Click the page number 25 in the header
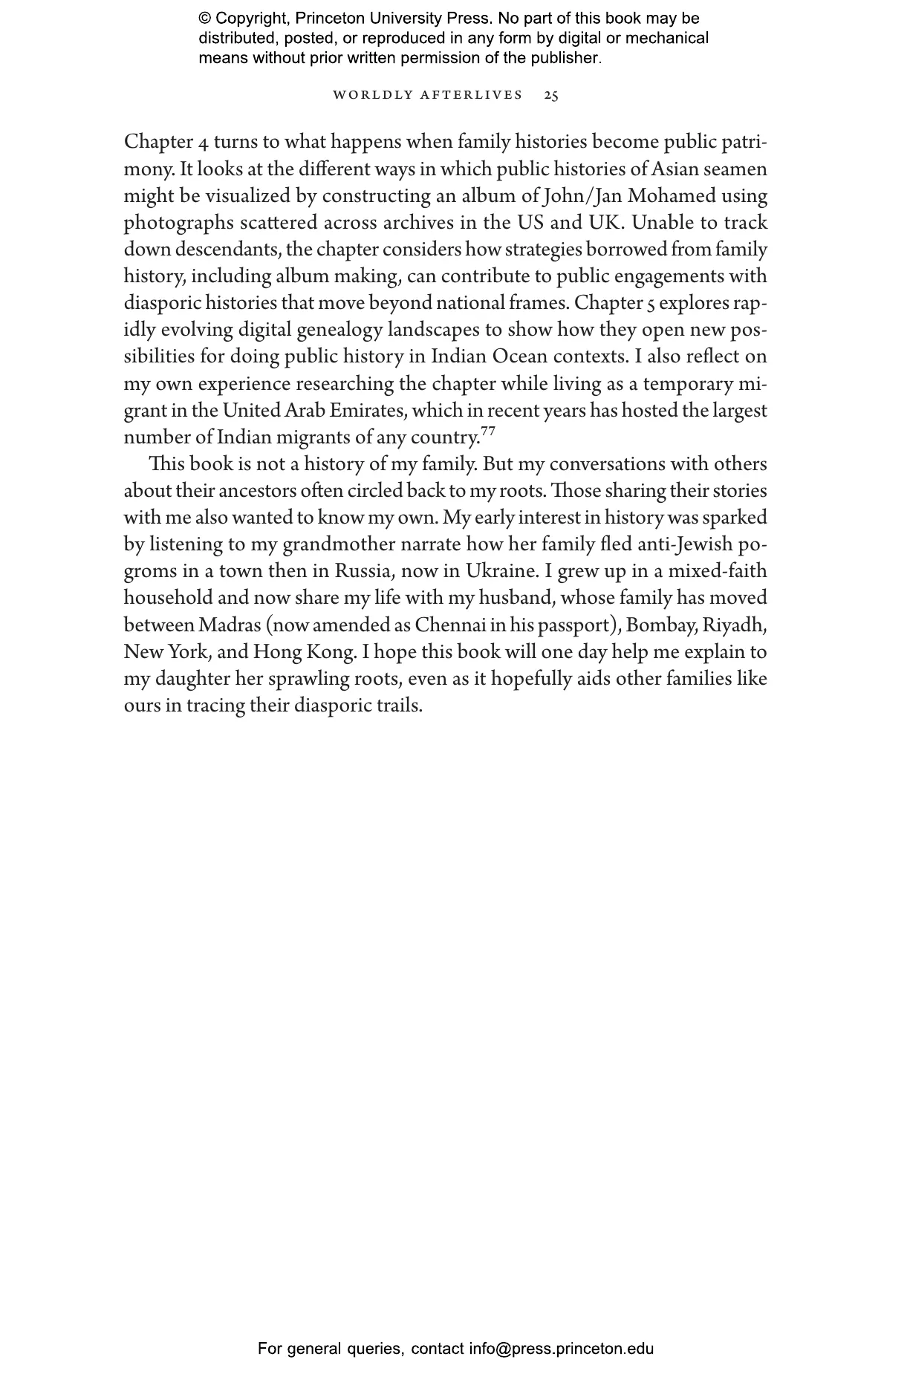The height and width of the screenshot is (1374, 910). [x=551, y=95]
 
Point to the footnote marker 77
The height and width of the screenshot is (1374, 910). [x=487, y=431]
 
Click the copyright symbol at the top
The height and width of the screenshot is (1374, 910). [x=205, y=19]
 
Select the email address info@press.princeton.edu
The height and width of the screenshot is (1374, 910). [x=561, y=1349]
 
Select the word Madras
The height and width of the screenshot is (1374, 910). [x=230, y=625]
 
